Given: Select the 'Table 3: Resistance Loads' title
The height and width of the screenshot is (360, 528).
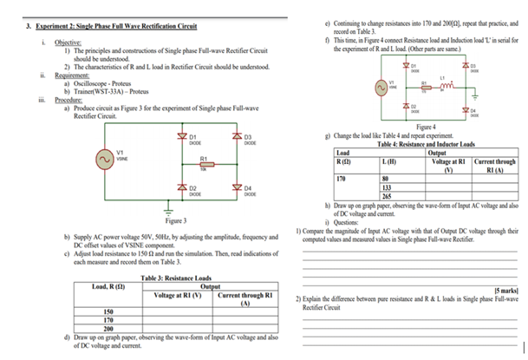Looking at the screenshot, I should click(x=176, y=278).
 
